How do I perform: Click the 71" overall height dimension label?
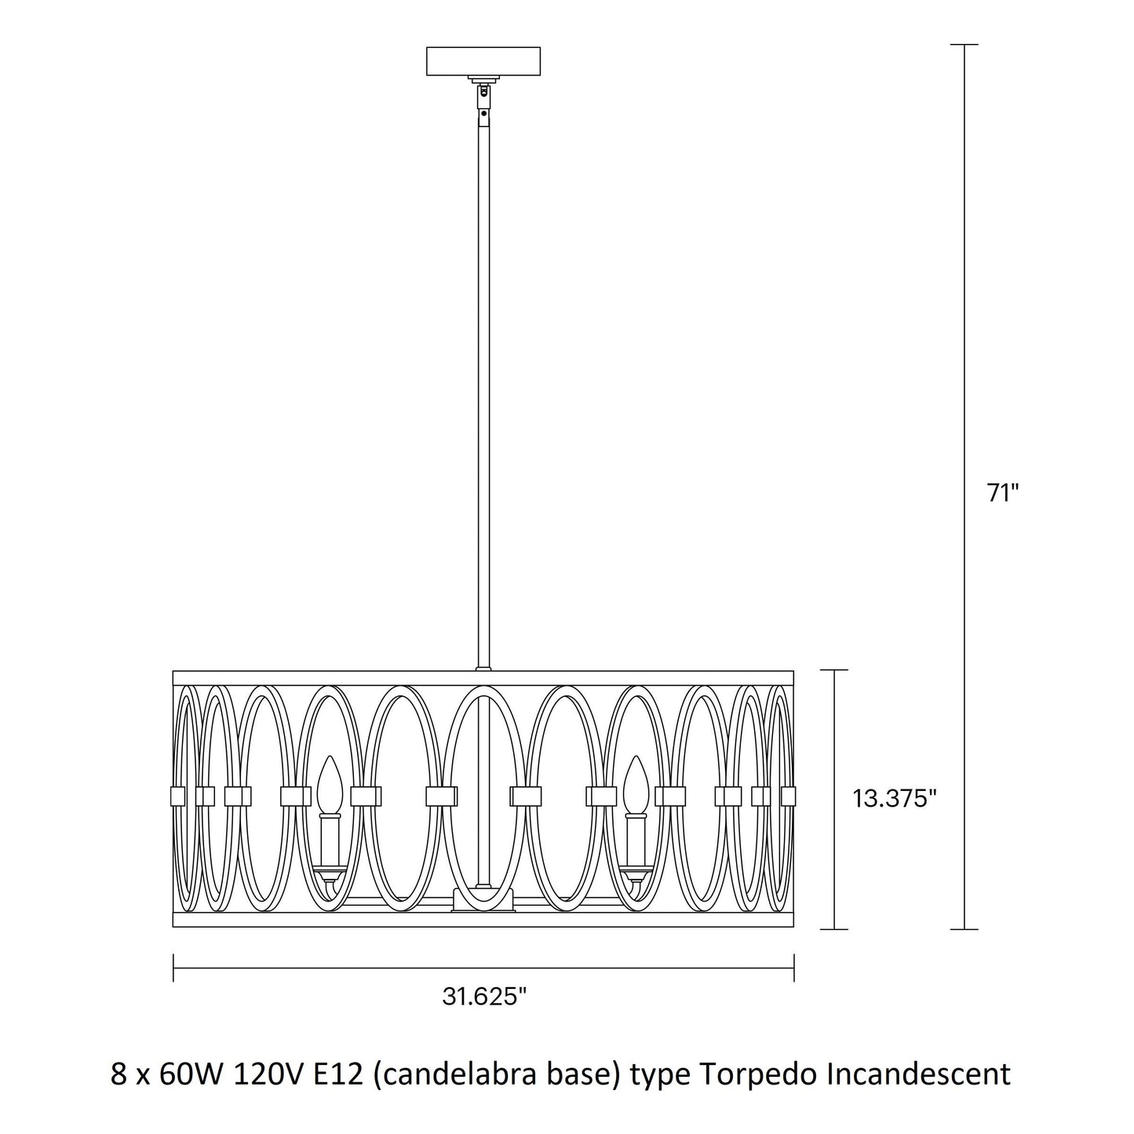(1002, 493)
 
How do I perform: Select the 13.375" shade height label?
(894, 799)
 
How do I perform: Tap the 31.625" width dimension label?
(484, 997)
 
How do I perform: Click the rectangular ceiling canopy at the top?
(483, 61)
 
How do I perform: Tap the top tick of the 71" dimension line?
(964, 45)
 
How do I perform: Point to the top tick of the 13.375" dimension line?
(834, 670)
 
